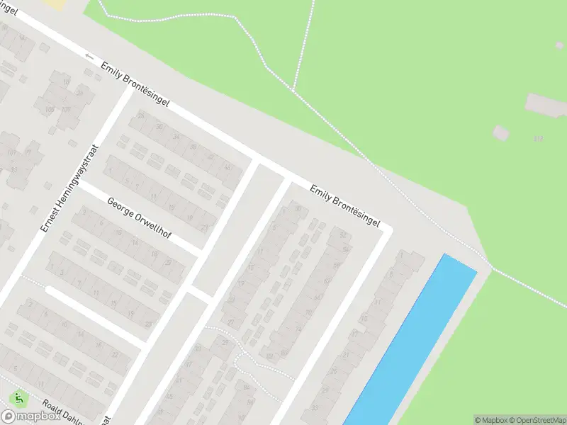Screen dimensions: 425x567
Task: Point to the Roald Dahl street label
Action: (62, 413)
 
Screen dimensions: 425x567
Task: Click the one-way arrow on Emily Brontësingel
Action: (89, 56)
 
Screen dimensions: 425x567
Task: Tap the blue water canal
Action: (411, 340)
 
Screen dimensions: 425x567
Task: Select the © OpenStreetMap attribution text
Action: (539, 420)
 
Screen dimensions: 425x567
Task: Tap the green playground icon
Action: (16, 399)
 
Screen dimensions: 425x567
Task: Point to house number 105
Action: (50, 110)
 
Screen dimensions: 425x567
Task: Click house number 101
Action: (10, 153)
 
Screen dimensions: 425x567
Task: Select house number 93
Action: (14, 170)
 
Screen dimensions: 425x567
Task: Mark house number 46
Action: (228, 167)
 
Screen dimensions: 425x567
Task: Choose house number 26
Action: (140, 115)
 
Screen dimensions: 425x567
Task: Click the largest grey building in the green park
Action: (546, 105)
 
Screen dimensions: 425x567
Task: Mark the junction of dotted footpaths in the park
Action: (293, 90)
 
